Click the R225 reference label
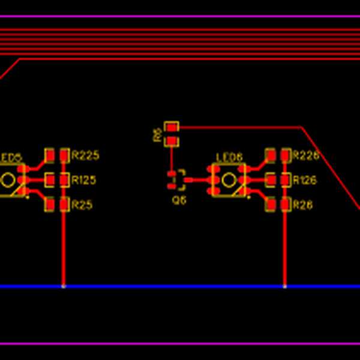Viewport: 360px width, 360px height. pyautogui.click(x=85, y=155)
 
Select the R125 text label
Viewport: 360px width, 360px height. pyautogui.click(x=84, y=180)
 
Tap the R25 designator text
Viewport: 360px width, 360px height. pyautogui.click(x=82, y=205)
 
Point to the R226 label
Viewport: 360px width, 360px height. pyautogui.click(x=305, y=155)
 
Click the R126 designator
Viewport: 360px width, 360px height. pyautogui.click(x=304, y=180)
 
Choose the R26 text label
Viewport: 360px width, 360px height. pyautogui.click(x=302, y=205)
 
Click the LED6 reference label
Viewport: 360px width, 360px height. pyautogui.click(x=229, y=157)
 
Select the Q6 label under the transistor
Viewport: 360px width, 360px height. pyautogui.click(x=179, y=200)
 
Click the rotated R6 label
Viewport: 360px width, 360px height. pyautogui.click(x=157, y=134)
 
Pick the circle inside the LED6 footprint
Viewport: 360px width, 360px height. pyautogui.click(x=229, y=180)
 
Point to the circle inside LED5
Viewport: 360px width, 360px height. pyautogui.click(x=8, y=180)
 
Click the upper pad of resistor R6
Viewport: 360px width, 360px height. pyautogui.click(x=172, y=128)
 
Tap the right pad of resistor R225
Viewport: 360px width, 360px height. pyautogui.click(x=64, y=155)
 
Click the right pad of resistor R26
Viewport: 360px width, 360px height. pyautogui.click(x=284, y=205)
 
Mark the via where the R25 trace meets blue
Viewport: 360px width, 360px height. pyautogui.click(x=64, y=287)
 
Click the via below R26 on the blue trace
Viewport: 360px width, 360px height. pyautogui.click(x=284, y=287)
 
